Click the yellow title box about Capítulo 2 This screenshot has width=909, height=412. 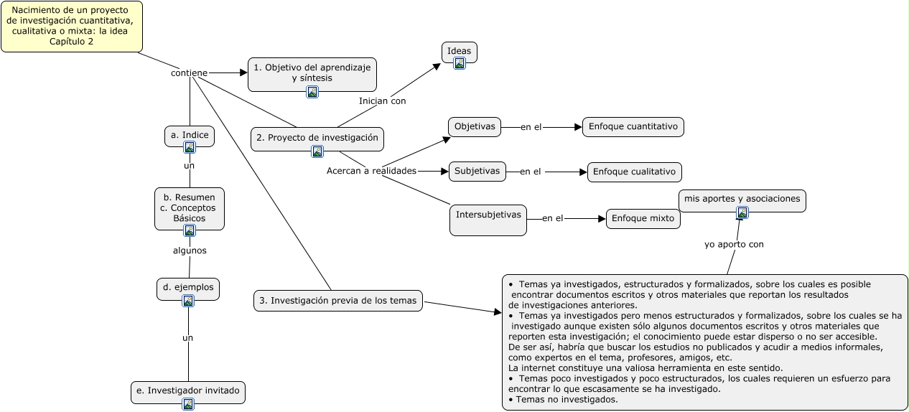(x=71, y=27)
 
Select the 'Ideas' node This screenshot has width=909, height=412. (x=460, y=51)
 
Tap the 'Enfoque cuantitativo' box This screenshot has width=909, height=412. (x=633, y=127)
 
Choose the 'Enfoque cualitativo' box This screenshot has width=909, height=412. (x=634, y=172)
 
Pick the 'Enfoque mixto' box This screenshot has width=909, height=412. (x=643, y=218)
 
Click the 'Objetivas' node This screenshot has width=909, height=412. (x=475, y=127)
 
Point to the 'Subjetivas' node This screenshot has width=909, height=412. (x=477, y=172)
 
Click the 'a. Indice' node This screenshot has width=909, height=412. (x=190, y=134)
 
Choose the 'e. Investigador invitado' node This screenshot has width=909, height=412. (x=188, y=391)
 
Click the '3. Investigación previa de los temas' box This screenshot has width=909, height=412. (x=338, y=301)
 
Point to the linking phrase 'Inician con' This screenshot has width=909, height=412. (x=382, y=101)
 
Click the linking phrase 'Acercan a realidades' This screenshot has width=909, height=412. (x=371, y=171)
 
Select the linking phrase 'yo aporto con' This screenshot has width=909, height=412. (x=734, y=245)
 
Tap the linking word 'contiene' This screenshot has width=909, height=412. (x=189, y=73)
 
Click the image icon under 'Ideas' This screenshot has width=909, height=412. (x=460, y=63)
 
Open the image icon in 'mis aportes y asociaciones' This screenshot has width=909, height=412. (x=742, y=212)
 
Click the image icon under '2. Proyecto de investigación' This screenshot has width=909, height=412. (x=317, y=151)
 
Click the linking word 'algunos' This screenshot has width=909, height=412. (x=190, y=251)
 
